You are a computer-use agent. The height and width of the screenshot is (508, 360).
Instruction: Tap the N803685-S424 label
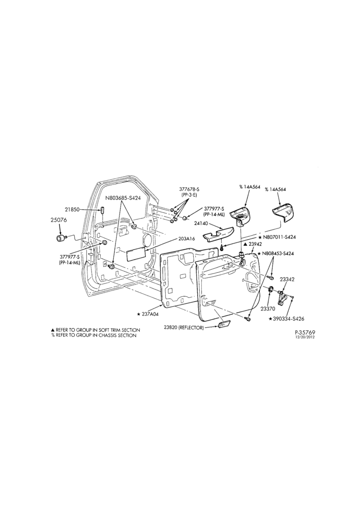[x=123, y=198]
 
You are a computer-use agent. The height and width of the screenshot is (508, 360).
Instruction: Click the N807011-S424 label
[x=277, y=237]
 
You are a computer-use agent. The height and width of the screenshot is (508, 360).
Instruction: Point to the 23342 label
[x=287, y=279]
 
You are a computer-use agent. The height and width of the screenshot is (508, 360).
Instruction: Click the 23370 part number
[x=268, y=309]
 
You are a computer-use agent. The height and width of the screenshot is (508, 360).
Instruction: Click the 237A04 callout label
[x=147, y=313]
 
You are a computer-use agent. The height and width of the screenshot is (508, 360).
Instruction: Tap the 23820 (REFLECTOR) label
[x=184, y=328]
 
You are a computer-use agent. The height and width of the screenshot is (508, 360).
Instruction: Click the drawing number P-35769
[x=305, y=332]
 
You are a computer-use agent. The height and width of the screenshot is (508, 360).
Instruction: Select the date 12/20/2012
[x=305, y=337]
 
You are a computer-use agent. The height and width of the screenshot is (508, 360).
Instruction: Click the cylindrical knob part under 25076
[x=61, y=239]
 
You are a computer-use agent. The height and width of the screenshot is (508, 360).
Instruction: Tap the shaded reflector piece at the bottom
[x=224, y=325]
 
